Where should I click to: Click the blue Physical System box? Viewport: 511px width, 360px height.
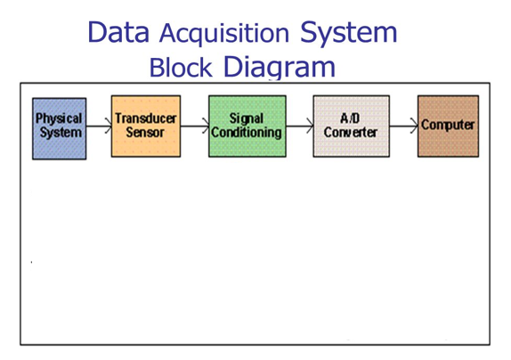(60, 127)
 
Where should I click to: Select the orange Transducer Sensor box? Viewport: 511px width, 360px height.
(146, 126)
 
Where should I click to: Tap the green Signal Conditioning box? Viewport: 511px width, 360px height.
(247, 126)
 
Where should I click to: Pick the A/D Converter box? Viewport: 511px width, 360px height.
(351, 126)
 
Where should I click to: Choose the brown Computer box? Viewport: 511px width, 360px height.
(448, 126)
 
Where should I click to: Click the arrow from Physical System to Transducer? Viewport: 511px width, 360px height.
(99, 127)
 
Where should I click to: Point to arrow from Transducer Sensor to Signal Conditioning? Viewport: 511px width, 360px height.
(195, 127)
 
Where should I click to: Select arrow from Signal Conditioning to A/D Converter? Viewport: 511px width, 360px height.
(299, 127)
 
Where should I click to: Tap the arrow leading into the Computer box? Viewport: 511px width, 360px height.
(403, 126)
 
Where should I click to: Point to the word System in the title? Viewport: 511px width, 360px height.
(348, 34)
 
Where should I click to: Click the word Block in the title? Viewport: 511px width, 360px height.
(182, 67)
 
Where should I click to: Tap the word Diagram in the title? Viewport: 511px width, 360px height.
(280, 67)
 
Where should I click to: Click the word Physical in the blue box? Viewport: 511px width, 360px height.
(59, 119)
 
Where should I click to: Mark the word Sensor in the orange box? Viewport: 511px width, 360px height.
(145, 133)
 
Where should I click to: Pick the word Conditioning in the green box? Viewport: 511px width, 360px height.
(247, 133)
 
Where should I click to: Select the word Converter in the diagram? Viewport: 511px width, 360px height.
(351, 133)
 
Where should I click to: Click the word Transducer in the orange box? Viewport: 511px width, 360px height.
(146, 119)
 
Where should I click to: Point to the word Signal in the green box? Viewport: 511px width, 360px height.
(247, 119)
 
